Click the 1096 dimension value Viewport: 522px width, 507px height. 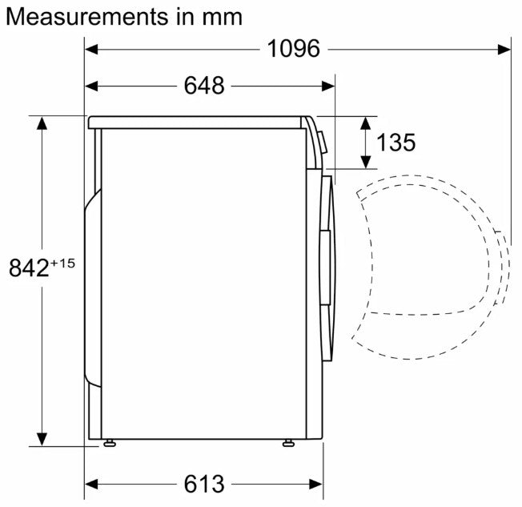293,49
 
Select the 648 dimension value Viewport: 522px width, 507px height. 204,86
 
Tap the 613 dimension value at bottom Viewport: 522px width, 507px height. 204,484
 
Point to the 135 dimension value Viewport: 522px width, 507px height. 396,143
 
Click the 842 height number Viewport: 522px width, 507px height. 29,268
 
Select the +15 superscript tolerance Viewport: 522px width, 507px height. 62,264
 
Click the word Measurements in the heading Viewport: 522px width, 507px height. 87,17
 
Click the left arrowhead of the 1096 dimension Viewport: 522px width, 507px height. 91,50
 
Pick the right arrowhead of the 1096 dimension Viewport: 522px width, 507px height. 504,50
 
